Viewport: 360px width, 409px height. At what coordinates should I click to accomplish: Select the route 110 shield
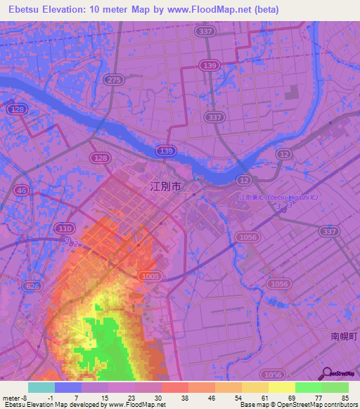click(65, 228)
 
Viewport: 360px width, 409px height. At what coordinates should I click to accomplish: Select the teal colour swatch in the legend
click(41, 387)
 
